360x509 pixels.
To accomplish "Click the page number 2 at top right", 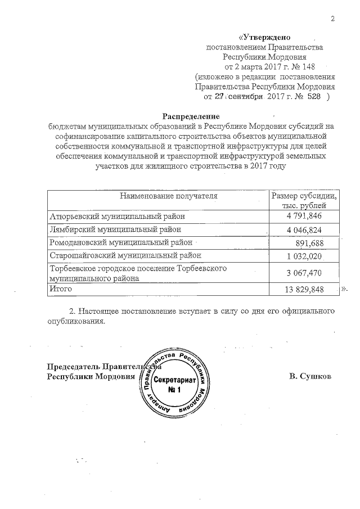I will pos(332,19).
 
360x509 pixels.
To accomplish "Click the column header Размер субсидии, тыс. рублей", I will pos(304,200).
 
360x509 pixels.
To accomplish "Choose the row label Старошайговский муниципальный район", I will pos(125,255).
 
